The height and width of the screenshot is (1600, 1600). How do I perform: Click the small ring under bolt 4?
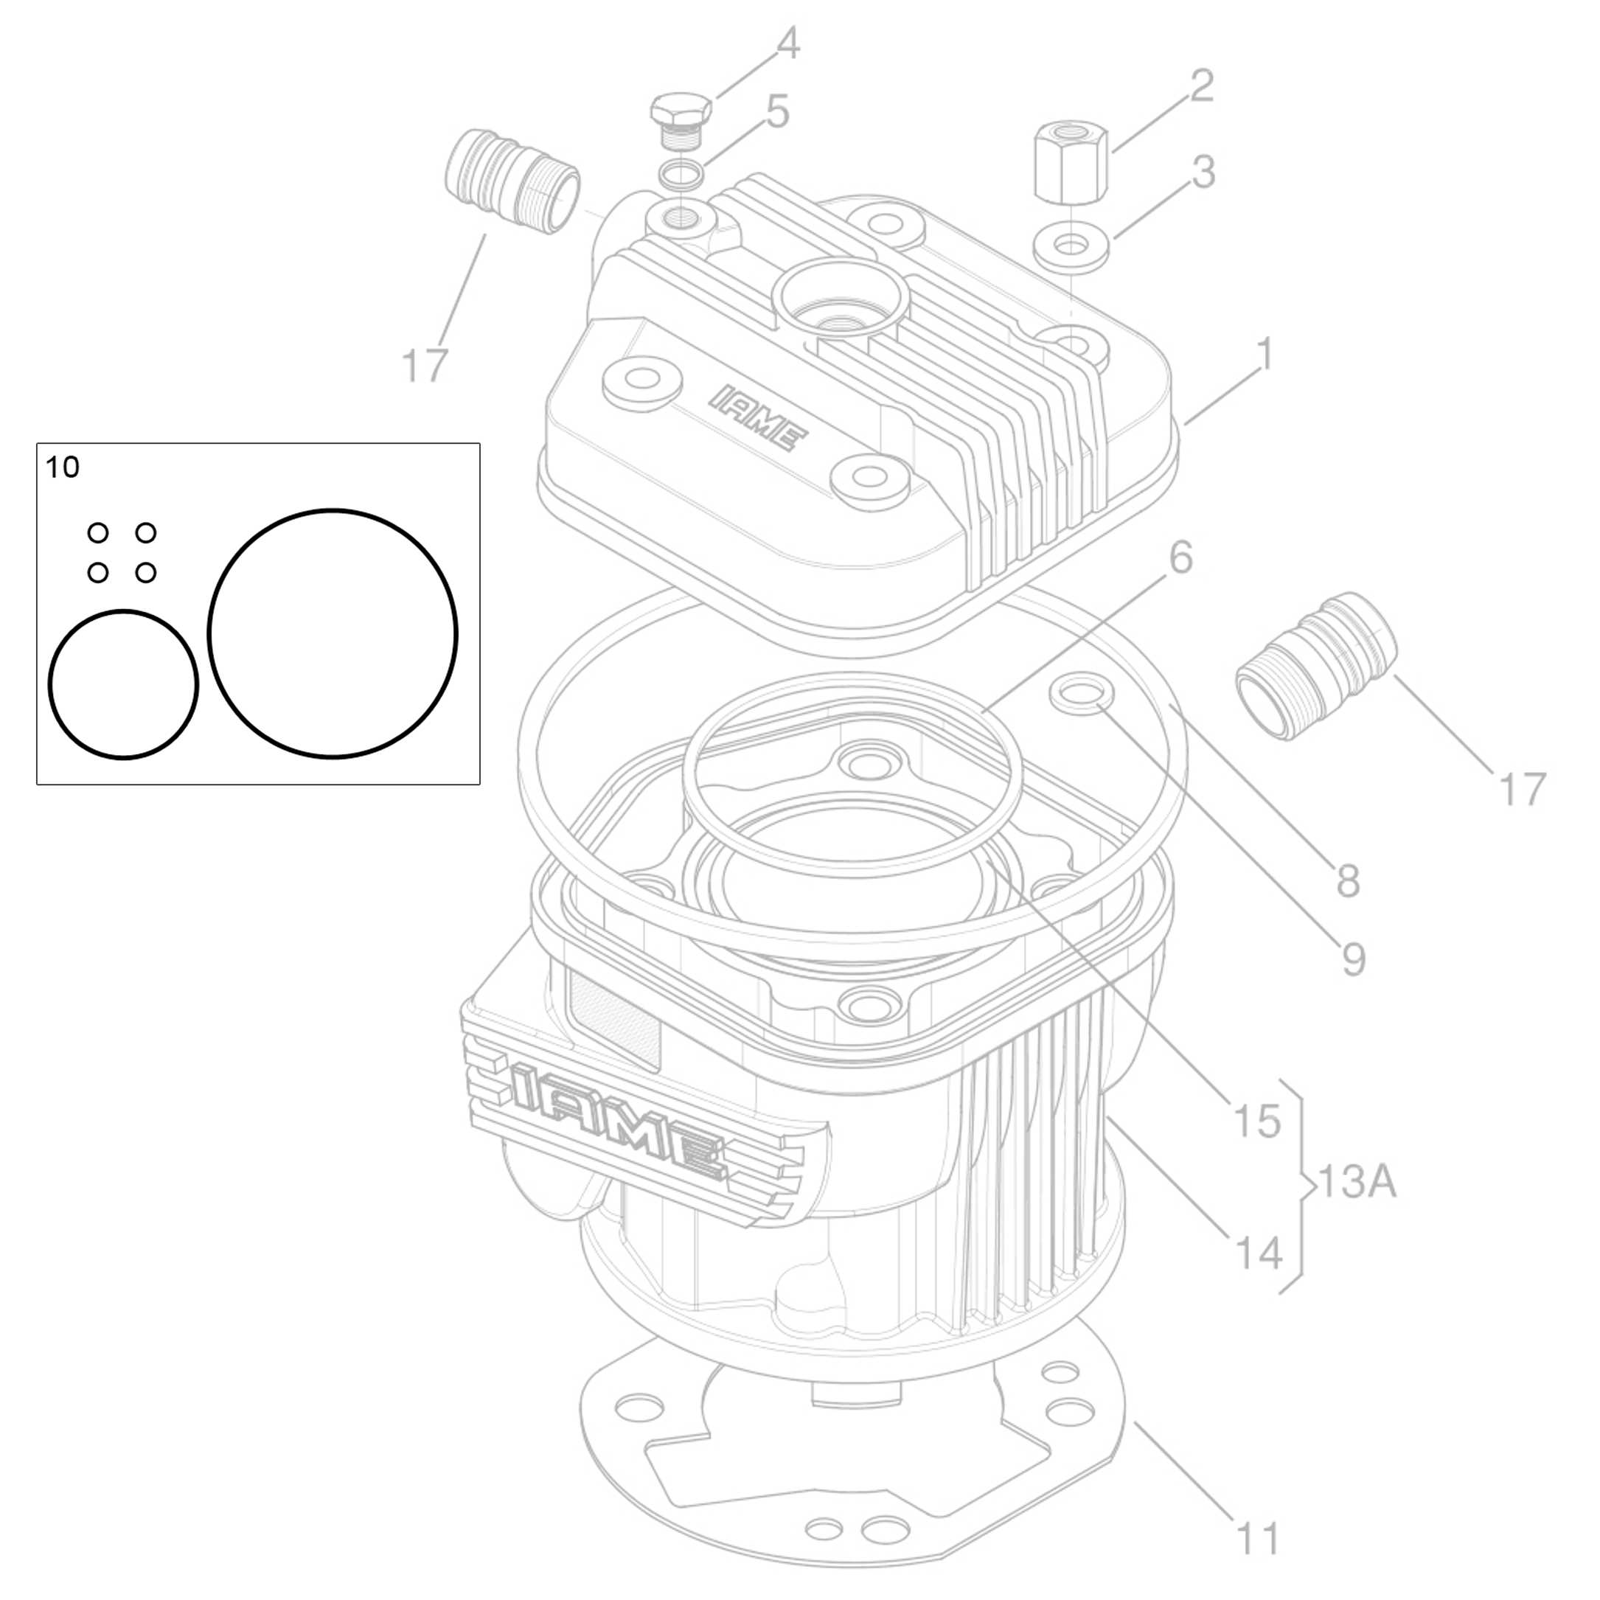coord(681,175)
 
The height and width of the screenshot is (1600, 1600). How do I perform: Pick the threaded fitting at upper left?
coord(512,181)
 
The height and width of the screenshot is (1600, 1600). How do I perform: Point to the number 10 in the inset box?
coord(62,468)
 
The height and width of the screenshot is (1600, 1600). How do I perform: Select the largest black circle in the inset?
coord(332,633)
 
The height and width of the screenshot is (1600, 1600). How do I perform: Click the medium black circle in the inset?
coord(122,685)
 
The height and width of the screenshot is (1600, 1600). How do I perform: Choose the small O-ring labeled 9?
coord(1081,694)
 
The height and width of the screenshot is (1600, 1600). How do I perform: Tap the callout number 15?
coord(1257,1121)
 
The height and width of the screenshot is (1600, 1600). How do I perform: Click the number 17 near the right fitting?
coord(1522,788)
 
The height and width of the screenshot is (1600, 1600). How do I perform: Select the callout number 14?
coord(1258,1253)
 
